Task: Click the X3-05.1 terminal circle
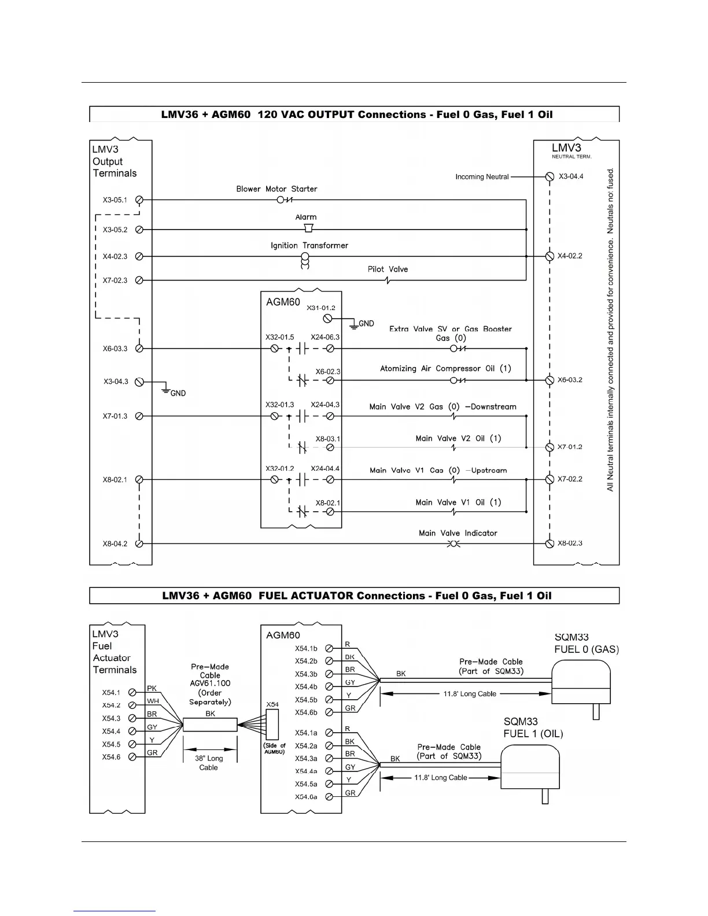pos(139,200)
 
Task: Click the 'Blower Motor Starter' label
pos(276,189)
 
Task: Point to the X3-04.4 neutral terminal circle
pos(550,176)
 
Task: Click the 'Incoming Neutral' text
pos(482,177)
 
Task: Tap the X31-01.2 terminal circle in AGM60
pos(327,319)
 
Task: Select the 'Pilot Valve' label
pos(388,269)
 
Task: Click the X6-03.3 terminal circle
pos(139,349)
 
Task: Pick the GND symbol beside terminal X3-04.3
pos(167,390)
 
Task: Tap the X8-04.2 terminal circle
pos(139,544)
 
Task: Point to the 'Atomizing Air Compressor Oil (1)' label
pos(445,369)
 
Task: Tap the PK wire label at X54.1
pos(152,688)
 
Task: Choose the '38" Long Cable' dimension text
pos(209,763)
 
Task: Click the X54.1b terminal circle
pos(329,648)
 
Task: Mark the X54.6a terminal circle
pos(329,797)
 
